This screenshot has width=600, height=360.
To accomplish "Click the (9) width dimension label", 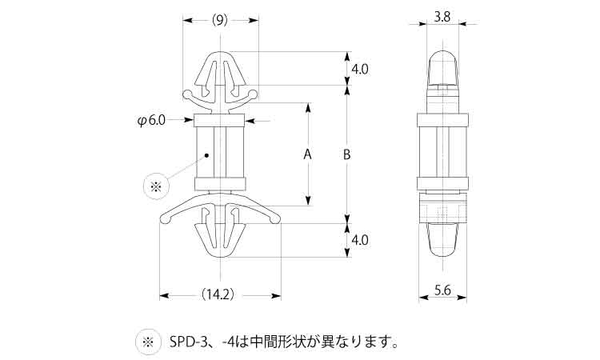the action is coord(220,20).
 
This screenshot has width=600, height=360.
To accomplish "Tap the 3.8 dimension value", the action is coord(442,17).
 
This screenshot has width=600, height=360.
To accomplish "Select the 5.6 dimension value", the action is coord(442,290).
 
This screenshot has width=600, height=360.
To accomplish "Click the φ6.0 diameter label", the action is coord(151,121).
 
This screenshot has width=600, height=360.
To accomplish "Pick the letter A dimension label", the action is coord(308,154).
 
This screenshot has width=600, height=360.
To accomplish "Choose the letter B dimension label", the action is coord(346,154).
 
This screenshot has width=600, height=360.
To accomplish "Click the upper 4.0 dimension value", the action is coord(360,70).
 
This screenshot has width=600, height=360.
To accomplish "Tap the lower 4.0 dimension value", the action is coord(360,240).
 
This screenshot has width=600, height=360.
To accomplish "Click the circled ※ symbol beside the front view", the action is coord(155,186).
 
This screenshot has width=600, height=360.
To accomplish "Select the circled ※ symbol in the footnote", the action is coord(148,342).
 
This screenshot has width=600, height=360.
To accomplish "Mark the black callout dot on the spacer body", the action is coord(206,155).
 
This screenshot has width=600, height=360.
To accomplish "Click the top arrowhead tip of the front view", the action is coord(221,51).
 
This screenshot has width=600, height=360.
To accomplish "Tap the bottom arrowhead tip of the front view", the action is coord(221,257).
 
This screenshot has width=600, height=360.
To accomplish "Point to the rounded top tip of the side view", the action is coord(442,50).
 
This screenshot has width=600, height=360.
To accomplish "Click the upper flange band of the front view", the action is coord(220,120).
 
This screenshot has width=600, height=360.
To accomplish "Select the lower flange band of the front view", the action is coord(220,184).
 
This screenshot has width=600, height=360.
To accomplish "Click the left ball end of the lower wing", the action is coord(165,219).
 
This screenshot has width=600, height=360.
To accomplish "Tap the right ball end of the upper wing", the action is coord(253,94).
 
